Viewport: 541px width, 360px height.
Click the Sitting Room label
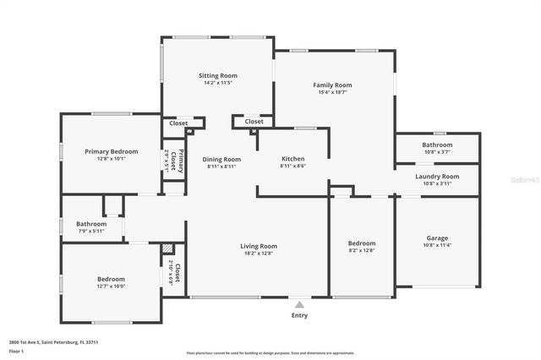pyautogui.click(x=217, y=75)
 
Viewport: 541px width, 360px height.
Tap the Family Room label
pyautogui.click(x=332, y=85)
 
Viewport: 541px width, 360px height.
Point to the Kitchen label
pyautogui.click(x=292, y=159)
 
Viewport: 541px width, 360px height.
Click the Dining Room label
pyautogui.click(x=221, y=159)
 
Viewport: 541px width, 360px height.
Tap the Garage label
pyautogui.click(x=437, y=238)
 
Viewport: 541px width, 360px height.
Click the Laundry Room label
pyautogui.click(x=437, y=176)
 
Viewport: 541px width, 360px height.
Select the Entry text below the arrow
pyautogui.click(x=299, y=315)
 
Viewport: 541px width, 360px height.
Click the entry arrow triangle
pyautogui.click(x=299, y=303)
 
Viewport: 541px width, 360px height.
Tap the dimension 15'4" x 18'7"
pyautogui.click(x=332, y=93)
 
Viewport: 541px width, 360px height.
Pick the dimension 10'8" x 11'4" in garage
pyautogui.click(x=437, y=246)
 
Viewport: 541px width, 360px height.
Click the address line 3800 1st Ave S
pyautogui.click(x=43, y=341)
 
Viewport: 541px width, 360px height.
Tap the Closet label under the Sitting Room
pyautogui.click(x=178, y=123)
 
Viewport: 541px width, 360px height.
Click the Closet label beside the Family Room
pyautogui.click(x=254, y=122)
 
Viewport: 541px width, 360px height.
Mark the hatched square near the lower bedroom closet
pyautogui.click(x=167, y=249)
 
